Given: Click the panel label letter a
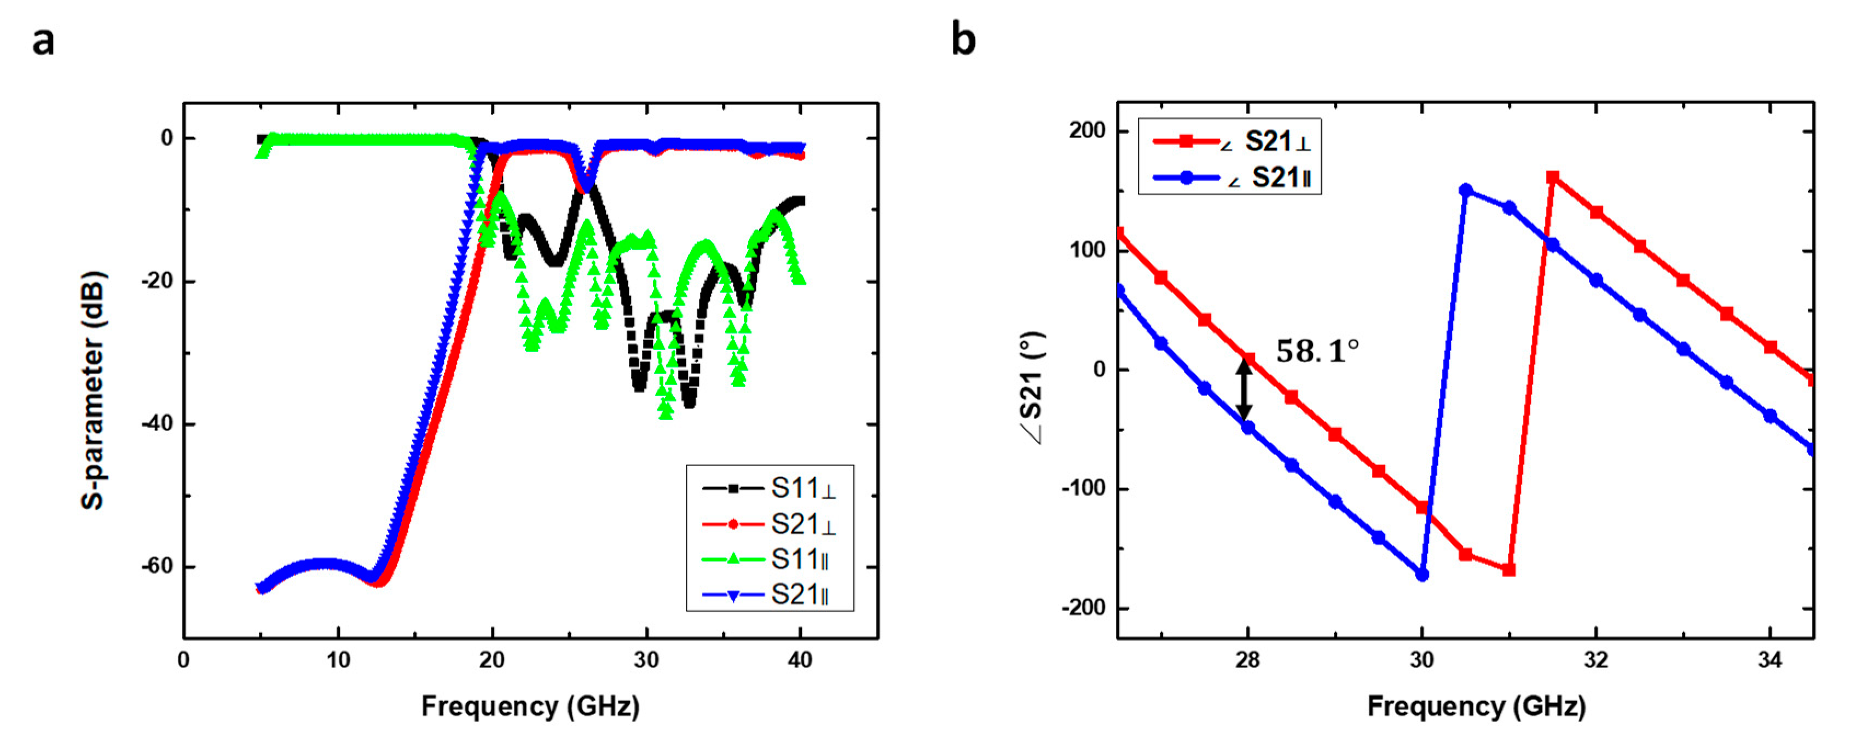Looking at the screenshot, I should tap(43, 41).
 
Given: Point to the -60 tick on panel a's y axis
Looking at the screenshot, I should tap(157, 566).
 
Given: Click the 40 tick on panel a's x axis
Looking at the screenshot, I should tap(800, 660).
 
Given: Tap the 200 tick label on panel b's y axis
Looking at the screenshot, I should tap(1086, 131).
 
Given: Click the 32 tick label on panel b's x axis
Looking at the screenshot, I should tap(1595, 660).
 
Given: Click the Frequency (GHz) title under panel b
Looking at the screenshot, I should tap(1476, 706).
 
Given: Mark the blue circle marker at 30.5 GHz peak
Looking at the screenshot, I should tap(1466, 191).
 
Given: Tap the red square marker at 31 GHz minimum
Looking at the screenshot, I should tap(1509, 570).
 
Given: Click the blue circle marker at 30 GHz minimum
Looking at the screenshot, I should tap(1422, 575).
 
